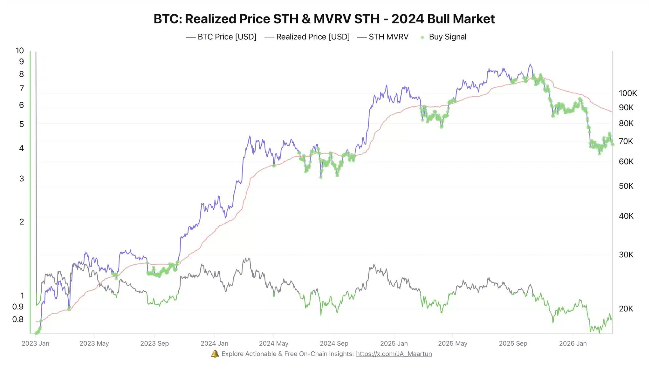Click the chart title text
pos(324,19)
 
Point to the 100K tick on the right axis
pos(627,93)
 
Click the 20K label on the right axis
pos(626,308)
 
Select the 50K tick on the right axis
pos(626,186)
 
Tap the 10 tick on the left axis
pos(20,51)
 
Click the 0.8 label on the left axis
pos(18,319)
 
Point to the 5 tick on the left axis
pos(22,124)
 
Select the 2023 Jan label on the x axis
pos(35,343)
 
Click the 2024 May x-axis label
pos(273,343)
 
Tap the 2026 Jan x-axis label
pos(573,343)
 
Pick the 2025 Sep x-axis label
pos(513,343)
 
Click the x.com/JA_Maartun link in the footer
pos(394,354)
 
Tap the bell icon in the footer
pos(215,354)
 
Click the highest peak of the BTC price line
pos(530,64)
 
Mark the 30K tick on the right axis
pos(626,254)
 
